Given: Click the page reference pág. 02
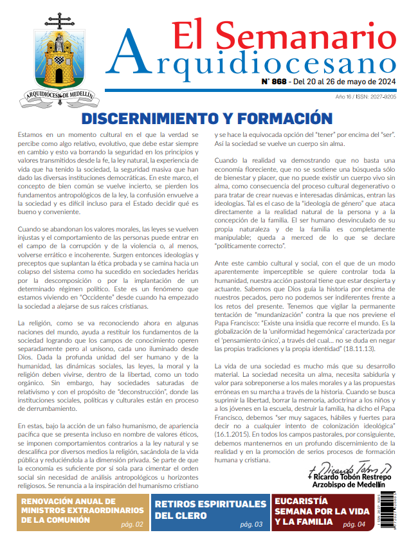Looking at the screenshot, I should [x=132, y=524].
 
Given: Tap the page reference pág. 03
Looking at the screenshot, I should [x=251, y=524].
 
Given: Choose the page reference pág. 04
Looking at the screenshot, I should [x=352, y=524].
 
